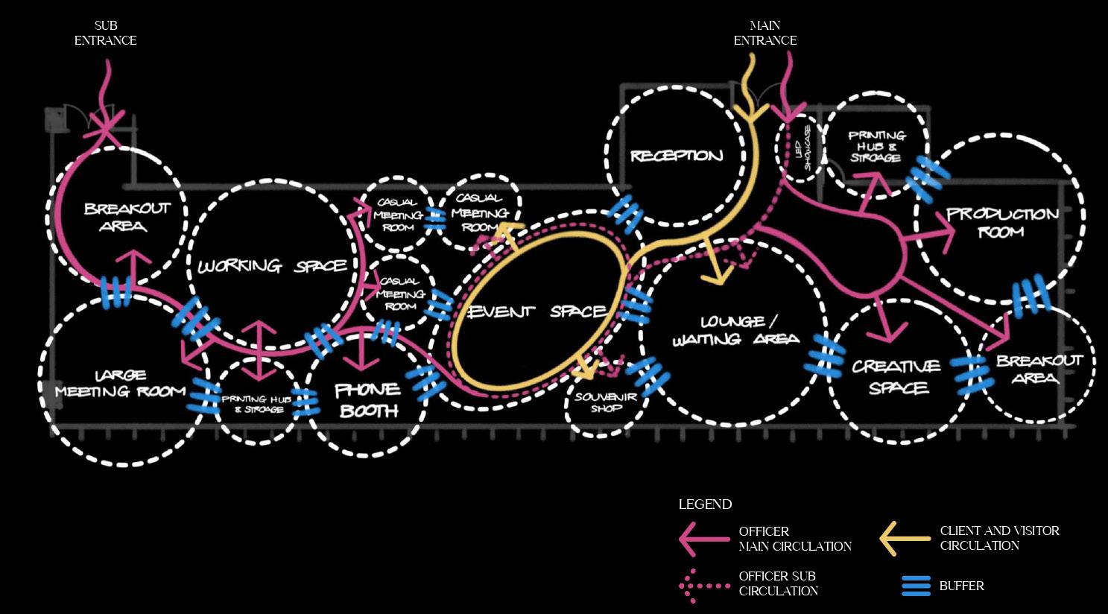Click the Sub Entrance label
click(x=105, y=34)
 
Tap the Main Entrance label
click(x=764, y=34)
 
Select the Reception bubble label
click(x=677, y=156)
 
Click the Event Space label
click(x=536, y=311)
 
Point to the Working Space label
click(x=272, y=266)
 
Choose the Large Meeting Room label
click(x=120, y=383)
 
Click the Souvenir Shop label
click(x=606, y=402)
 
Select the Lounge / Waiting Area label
click(x=735, y=330)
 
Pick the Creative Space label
click(x=896, y=376)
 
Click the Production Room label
click(x=1001, y=222)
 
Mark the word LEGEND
click(x=705, y=504)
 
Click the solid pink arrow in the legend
click(x=703, y=538)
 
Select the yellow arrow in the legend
click(x=905, y=538)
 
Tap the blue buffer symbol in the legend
click(x=916, y=586)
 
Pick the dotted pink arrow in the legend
click(x=703, y=586)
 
